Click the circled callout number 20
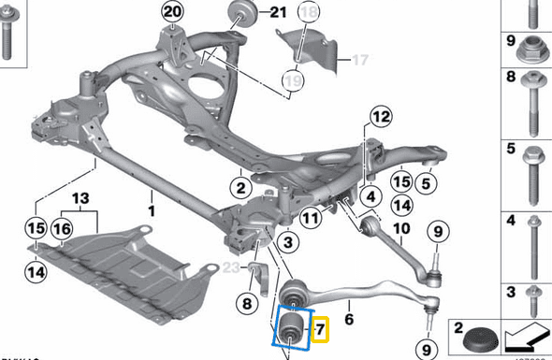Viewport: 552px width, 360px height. pyautogui.click(x=170, y=13)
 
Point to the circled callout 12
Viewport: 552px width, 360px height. pyautogui.click(x=380, y=118)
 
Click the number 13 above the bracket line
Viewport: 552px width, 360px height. pyautogui.click(x=79, y=198)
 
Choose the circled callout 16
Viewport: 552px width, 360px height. pyautogui.click(x=62, y=228)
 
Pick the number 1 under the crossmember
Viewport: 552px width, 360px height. pyautogui.click(x=151, y=199)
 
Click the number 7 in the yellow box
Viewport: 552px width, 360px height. pyautogui.click(x=319, y=329)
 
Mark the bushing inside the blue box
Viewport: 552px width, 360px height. pyautogui.click(x=291, y=330)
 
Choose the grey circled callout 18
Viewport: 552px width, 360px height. pyautogui.click(x=309, y=13)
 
